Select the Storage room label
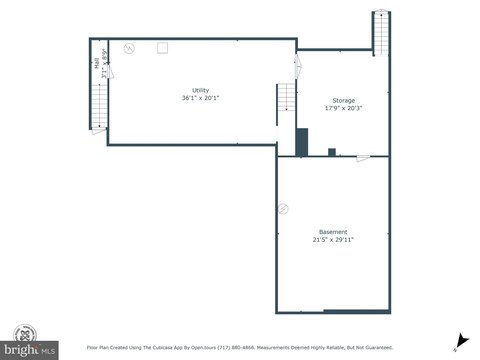tap(343, 100)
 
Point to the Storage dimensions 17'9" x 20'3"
tap(343, 108)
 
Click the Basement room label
tap(333, 231)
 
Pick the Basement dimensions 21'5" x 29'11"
tap(333, 240)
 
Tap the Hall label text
tap(96, 63)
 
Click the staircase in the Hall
tap(99, 104)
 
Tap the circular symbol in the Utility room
tap(129, 48)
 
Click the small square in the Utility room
tap(161, 46)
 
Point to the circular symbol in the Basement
tap(283, 209)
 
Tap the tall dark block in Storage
tap(300, 143)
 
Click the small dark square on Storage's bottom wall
tap(331, 152)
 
